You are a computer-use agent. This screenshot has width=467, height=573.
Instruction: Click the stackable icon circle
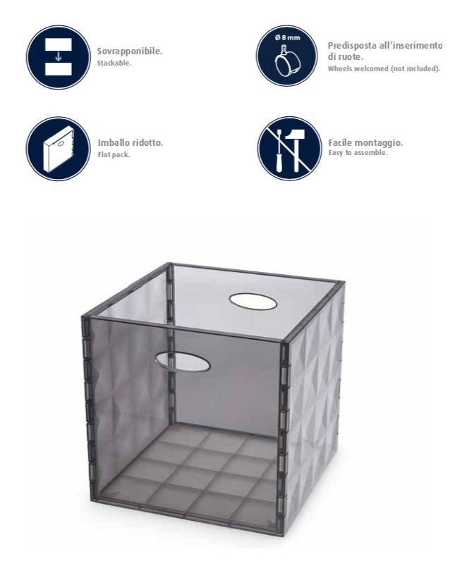pos(58,57)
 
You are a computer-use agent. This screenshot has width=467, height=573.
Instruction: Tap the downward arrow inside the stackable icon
pos(58,56)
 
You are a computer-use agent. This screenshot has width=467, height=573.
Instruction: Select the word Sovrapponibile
pos(130,51)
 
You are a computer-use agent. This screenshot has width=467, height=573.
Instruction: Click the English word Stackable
pos(114,63)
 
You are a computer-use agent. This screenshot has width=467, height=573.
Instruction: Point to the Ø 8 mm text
pos(287,37)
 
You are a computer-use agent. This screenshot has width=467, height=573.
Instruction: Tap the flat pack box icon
pos(59,149)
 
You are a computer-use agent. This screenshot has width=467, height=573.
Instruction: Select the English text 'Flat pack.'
pos(114,154)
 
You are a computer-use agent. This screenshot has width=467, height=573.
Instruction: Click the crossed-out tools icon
pos(290,149)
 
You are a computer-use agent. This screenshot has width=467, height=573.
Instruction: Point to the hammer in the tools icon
pos(294,150)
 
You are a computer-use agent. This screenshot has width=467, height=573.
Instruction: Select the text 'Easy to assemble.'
pos(358,153)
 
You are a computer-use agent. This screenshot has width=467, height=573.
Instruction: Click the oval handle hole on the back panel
pos(253,302)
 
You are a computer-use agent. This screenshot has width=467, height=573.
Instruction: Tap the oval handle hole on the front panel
pos(182,362)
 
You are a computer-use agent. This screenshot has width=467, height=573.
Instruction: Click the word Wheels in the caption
pos(339,68)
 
